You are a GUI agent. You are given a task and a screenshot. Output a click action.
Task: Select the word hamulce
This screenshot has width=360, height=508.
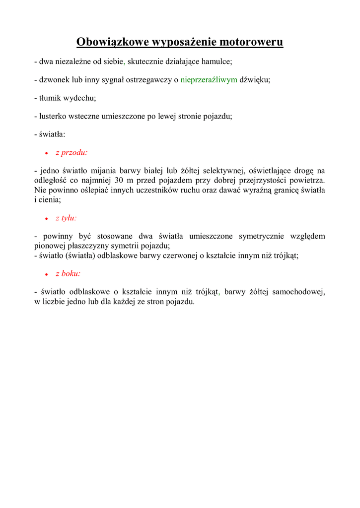(x=216, y=62)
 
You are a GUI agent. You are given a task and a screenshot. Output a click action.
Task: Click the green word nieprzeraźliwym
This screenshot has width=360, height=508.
(x=209, y=80)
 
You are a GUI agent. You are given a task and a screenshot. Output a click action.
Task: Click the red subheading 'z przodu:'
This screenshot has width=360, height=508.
(x=72, y=153)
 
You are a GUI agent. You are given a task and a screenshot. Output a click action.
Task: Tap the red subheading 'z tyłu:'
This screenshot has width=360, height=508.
(x=66, y=218)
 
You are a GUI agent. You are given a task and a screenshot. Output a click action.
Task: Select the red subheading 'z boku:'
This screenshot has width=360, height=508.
(x=68, y=273)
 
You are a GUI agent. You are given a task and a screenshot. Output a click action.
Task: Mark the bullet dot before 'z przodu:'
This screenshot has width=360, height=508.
(x=46, y=154)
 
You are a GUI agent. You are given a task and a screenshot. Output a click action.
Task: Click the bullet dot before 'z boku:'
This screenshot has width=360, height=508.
(x=46, y=274)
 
